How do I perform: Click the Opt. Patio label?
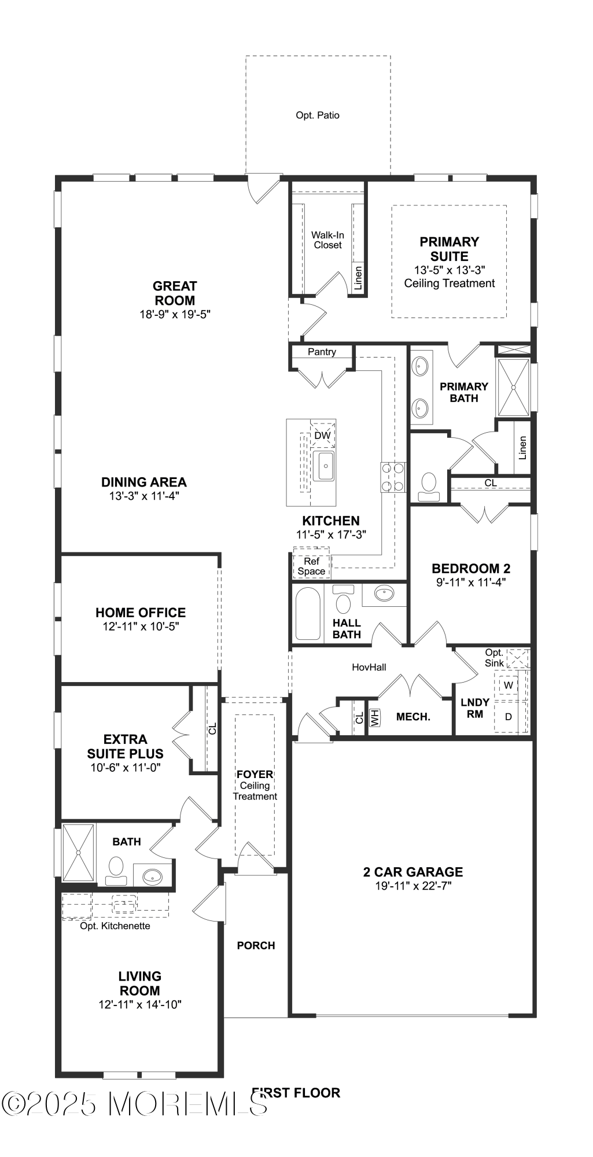click(318, 115)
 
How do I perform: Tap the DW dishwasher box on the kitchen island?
click(323, 435)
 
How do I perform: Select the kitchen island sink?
click(324, 466)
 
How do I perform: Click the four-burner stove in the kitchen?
click(392, 478)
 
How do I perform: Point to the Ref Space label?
click(311, 566)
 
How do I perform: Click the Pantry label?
click(322, 352)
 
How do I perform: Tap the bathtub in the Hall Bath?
click(308, 613)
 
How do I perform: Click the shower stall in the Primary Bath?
click(513, 387)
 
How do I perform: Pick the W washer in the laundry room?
click(509, 685)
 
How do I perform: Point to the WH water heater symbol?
click(375, 718)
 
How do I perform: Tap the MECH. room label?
click(413, 717)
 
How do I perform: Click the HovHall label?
click(369, 667)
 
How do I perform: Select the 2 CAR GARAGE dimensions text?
click(412, 886)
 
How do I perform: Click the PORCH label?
click(256, 945)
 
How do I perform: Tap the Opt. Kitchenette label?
click(115, 926)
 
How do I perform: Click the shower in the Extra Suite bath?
click(78, 852)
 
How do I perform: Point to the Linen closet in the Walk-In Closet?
click(358, 278)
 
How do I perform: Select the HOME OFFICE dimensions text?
click(141, 627)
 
